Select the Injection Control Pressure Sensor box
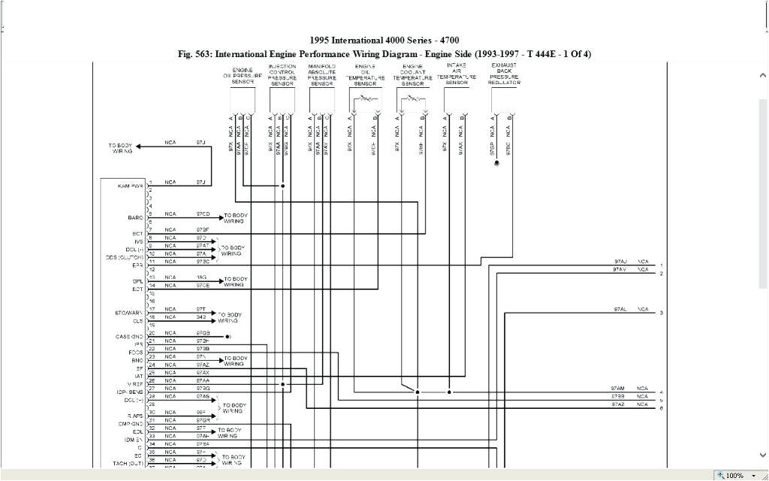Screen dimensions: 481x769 coord(282,100)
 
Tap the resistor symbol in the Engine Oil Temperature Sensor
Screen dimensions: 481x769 coord(366,99)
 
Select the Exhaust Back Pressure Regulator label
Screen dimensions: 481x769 coord(503,74)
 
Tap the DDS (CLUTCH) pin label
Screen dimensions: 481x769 coord(124,257)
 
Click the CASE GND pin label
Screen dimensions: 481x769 coord(129,337)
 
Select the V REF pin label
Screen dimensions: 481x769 coord(133,384)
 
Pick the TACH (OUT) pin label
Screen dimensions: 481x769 coord(128,463)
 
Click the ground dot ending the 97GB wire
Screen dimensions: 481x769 coord(227,337)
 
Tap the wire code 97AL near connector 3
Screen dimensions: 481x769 coord(620,309)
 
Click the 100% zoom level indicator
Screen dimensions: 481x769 coord(734,476)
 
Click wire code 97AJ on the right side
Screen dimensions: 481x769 coord(620,262)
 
